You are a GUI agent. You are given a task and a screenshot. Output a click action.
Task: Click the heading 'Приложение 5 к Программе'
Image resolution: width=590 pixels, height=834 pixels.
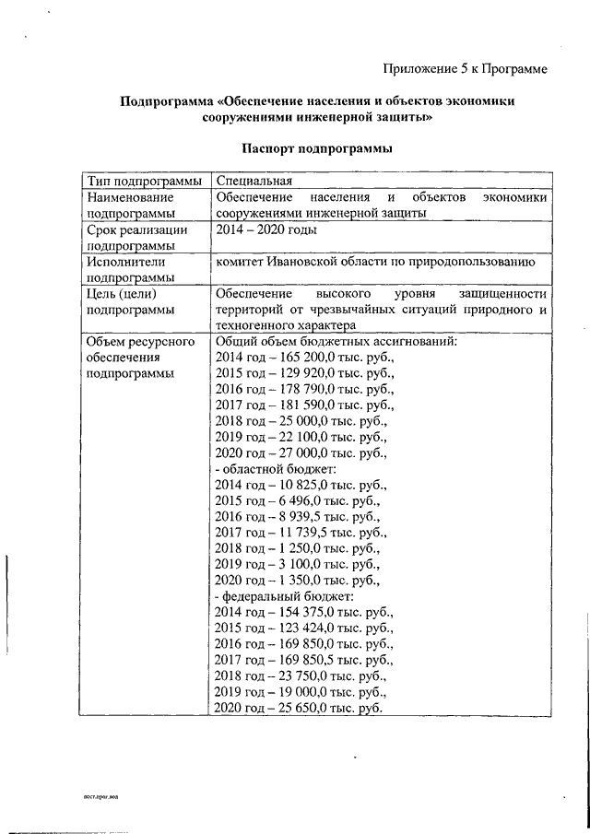465,68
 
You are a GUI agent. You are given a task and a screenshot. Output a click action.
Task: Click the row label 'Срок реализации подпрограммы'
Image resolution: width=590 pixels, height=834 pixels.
137,239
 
